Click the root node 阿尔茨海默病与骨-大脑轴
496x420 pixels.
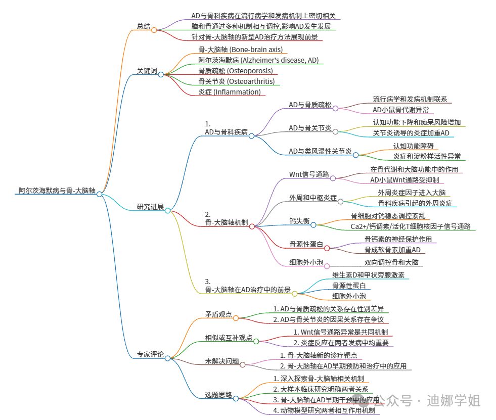pyautogui.click(x=55, y=191)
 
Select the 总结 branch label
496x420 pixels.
pyautogui.click(x=144, y=27)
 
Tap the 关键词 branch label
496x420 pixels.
pyautogui.click(x=147, y=71)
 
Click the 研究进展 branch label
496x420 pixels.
pyautogui.click(x=150, y=206)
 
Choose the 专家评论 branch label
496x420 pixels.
pyautogui.click(x=150, y=354)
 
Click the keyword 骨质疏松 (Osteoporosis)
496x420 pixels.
pyautogui.click(x=235, y=71)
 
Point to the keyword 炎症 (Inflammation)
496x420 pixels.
pyautogui.click(x=230, y=92)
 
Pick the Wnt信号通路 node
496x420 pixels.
pyautogui.click(x=309, y=175)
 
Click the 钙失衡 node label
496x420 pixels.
pyautogui.click(x=299, y=221)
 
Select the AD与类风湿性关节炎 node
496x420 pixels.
pyautogui.click(x=320, y=151)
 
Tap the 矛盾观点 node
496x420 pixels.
pyautogui.click(x=218, y=314)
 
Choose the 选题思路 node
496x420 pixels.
pyautogui.click(x=218, y=395)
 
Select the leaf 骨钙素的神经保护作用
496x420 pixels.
pyautogui.click(x=398, y=239)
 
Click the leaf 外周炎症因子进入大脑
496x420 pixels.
pyautogui.click(x=412, y=193)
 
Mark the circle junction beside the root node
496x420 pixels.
pyautogui.click(x=100, y=194)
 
